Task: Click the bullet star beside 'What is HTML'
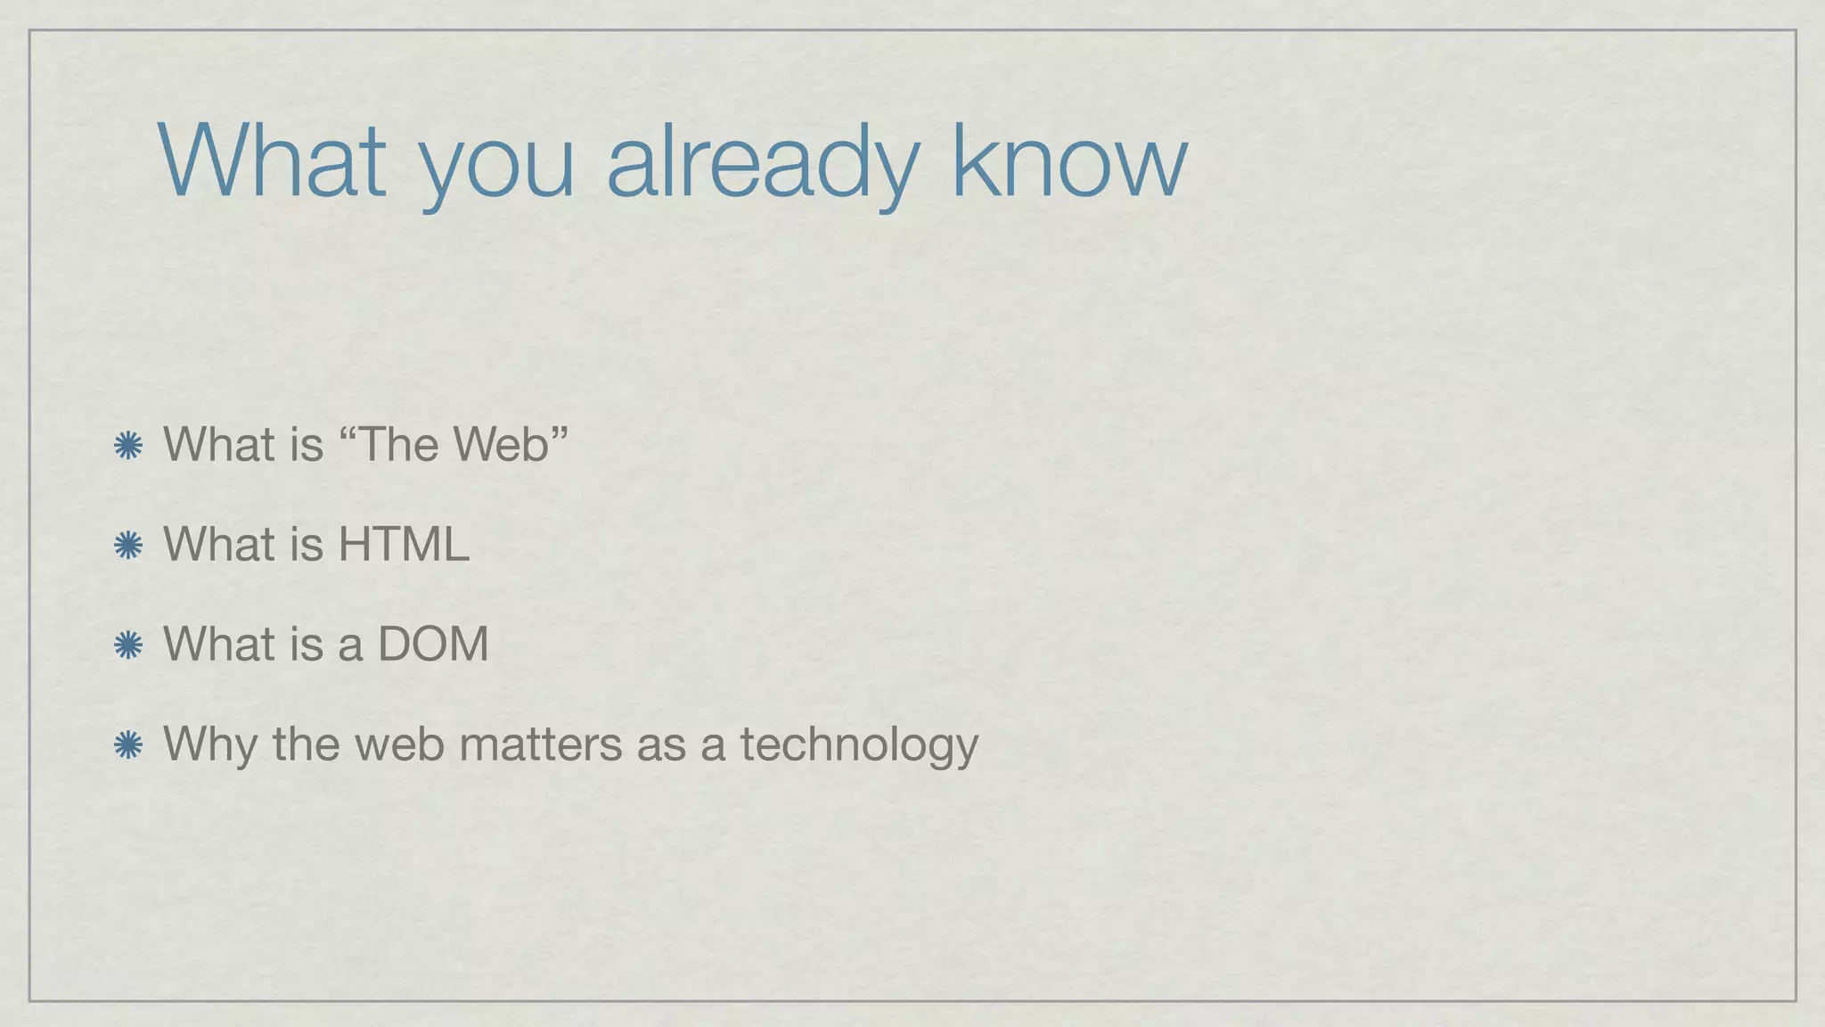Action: tap(128, 546)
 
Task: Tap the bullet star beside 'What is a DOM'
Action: tap(128, 645)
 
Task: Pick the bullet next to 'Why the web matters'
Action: tap(128, 745)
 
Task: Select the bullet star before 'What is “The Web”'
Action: tap(128, 446)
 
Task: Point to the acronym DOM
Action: tap(433, 644)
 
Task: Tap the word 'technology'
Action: tap(859, 745)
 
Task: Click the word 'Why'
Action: tap(210, 745)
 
